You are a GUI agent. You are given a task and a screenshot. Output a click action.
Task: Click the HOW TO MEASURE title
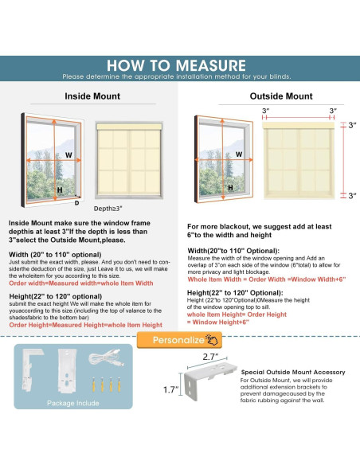coord(176,65)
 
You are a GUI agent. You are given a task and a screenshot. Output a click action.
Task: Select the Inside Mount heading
coord(92,96)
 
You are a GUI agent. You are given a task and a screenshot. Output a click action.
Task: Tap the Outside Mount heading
coord(281,96)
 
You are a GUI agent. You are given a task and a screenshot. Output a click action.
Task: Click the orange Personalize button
coord(179,340)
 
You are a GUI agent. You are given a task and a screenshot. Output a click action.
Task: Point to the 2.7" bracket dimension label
coord(210,357)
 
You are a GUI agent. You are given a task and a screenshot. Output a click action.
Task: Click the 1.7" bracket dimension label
coord(171,389)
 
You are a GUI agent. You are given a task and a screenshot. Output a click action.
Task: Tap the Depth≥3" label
coord(108,209)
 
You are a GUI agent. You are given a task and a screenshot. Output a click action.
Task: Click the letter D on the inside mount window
coord(76,203)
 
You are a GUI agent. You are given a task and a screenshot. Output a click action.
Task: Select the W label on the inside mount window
coord(68,154)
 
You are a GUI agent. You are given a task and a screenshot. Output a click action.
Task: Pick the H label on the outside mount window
coord(230,187)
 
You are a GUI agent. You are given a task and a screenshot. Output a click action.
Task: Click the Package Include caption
coord(73,403)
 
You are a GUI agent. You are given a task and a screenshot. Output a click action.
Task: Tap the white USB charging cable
coord(106,358)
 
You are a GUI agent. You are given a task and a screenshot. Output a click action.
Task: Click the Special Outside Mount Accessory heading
coord(293,372)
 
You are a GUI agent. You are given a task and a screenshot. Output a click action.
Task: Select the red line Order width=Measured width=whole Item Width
coord(81,283)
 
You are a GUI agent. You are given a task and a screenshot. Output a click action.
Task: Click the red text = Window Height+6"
coord(218,322)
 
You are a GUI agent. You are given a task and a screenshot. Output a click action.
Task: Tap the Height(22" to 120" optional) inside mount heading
coord(56,296)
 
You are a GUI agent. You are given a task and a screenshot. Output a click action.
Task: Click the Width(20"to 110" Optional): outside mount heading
coord(233,251)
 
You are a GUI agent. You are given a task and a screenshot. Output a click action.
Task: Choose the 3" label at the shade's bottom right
coord(352,196)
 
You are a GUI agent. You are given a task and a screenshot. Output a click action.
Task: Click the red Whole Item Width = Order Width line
coord(267,279)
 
